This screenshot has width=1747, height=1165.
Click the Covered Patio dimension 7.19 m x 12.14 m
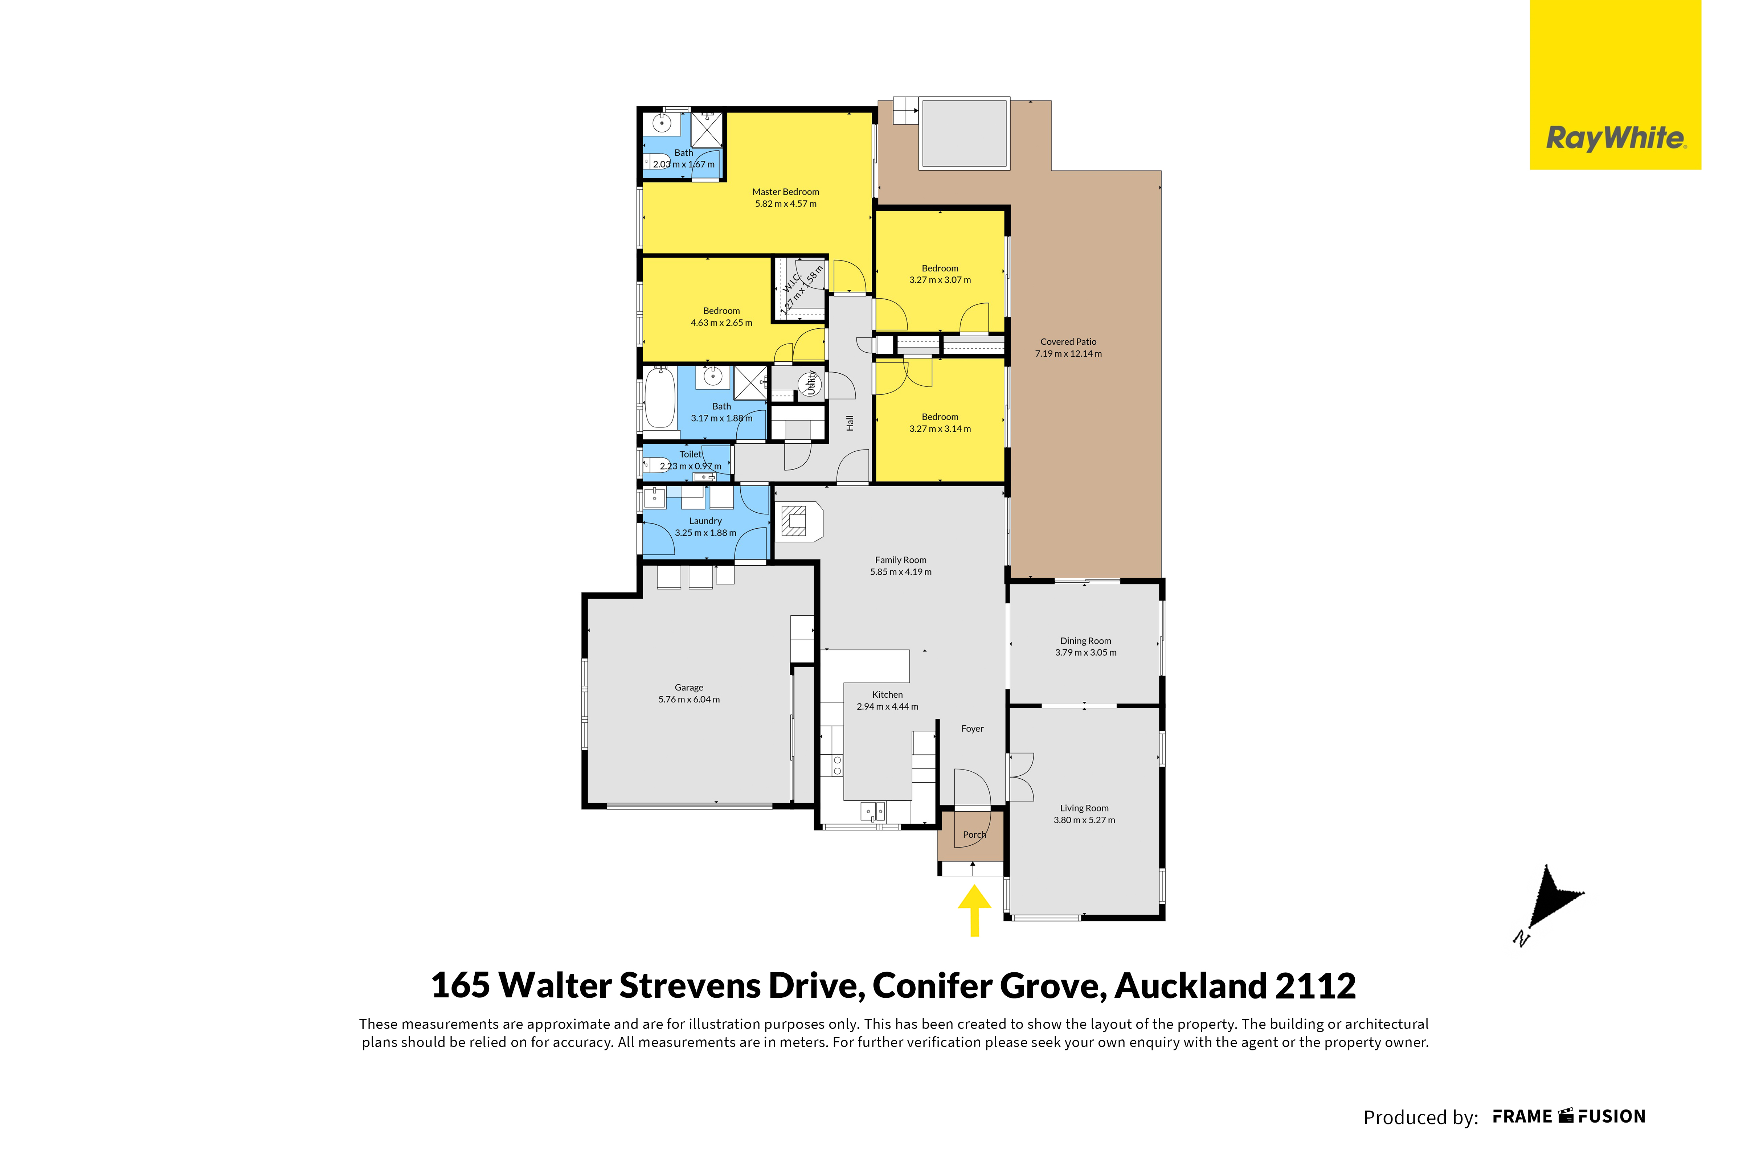tap(1069, 354)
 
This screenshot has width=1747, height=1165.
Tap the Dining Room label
tap(1086, 640)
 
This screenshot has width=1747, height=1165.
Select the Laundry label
tap(705, 521)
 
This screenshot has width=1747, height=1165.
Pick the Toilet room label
tap(690, 454)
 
